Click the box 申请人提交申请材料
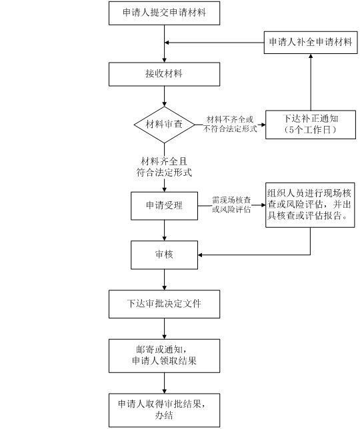(x=164, y=13)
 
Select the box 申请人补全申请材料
(x=310, y=43)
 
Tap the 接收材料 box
(x=164, y=74)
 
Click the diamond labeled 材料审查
(x=164, y=124)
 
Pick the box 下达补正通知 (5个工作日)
(x=310, y=124)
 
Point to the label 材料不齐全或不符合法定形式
(x=229, y=124)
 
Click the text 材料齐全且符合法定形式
(x=164, y=167)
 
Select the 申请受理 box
(x=164, y=205)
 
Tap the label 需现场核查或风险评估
(x=231, y=205)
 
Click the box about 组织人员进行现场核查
(x=310, y=205)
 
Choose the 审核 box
(x=164, y=254)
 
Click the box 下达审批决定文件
(x=164, y=304)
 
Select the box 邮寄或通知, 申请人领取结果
(x=164, y=355)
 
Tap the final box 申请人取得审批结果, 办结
(x=164, y=409)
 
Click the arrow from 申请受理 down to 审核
(x=164, y=229)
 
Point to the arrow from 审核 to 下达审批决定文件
(x=164, y=278)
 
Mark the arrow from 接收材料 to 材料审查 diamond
(x=164, y=96)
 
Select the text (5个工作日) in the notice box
(x=310, y=130)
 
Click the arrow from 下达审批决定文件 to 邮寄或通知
(x=164, y=328)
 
